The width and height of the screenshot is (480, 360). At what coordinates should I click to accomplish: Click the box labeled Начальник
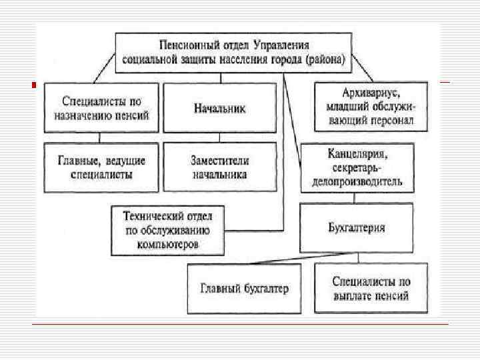coord(219,107)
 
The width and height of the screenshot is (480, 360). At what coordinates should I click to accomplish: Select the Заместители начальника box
coord(219,167)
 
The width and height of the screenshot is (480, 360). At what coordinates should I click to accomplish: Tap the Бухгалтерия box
coord(357,227)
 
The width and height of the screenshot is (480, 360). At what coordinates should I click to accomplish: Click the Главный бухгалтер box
coord(245,288)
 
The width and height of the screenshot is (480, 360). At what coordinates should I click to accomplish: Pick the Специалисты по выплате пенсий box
coord(371,288)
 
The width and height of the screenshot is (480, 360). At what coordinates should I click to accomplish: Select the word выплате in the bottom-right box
coord(357,295)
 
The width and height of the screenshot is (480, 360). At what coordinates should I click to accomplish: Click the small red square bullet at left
coord(34,85)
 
